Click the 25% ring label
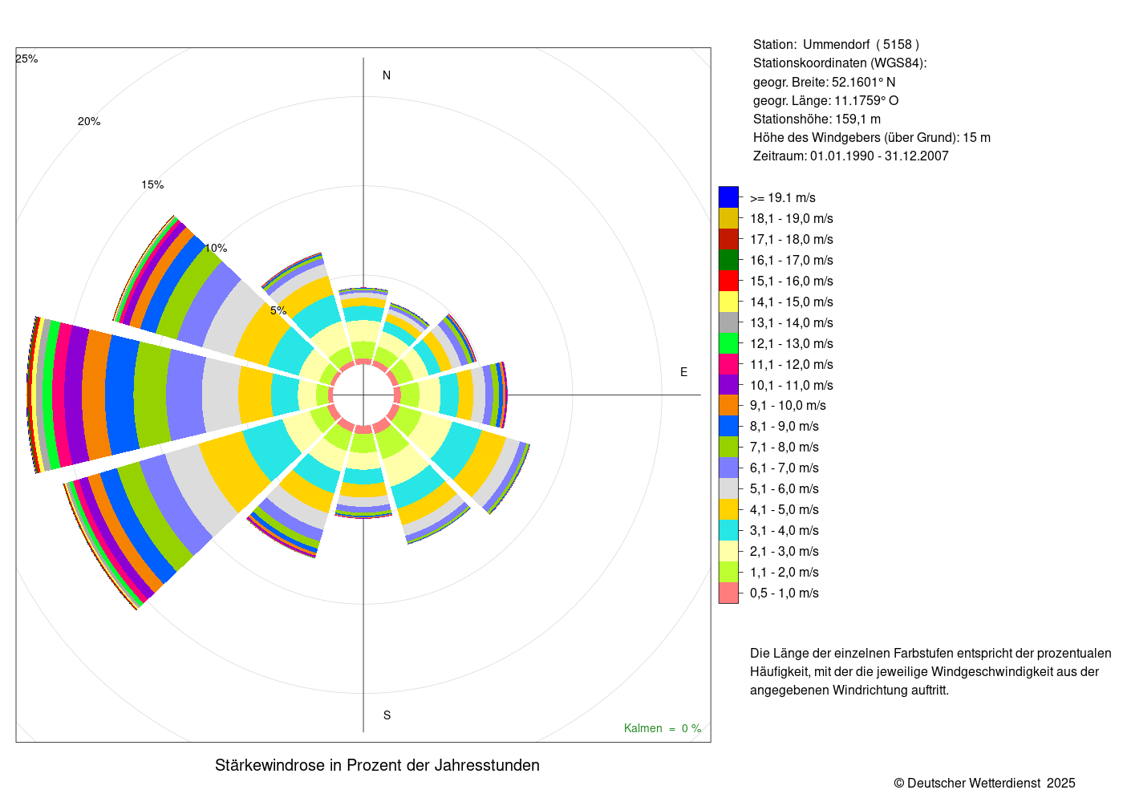26,59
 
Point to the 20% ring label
89,122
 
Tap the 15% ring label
152,184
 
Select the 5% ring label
278,310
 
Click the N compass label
387,75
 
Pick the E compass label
683,372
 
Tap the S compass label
387,715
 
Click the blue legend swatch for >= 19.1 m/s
728,197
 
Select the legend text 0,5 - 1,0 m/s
784,593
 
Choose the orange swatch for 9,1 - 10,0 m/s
728,405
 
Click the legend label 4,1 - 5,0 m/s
784,510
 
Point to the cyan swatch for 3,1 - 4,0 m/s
728,530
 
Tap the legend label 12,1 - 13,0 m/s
791,343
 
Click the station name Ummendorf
836,45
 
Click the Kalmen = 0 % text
663,728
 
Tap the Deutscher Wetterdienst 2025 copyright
985,783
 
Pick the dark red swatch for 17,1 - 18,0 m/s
728,239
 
